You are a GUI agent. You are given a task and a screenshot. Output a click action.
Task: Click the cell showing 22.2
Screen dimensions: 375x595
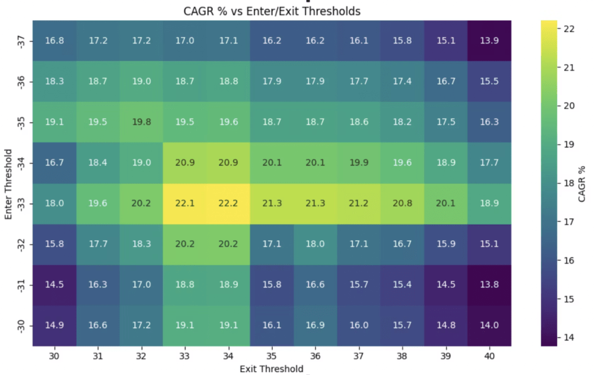pyautogui.click(x=228, y=203)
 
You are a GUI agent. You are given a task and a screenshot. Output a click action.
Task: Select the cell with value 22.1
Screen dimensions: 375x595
pyautogui.click(x=184, y=203)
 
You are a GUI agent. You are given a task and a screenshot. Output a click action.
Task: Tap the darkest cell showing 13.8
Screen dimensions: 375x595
pyautogui.click(x=489, y=285)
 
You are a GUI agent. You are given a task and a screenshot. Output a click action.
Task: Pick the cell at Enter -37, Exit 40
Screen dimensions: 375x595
pyautogui.click(x=489, y=41)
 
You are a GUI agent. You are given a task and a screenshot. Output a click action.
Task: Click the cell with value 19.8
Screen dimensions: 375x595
pyautogui.click(x=141, y=122)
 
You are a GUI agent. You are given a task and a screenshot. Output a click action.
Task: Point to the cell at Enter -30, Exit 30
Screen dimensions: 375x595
pyautogui.click(x=54, y=326)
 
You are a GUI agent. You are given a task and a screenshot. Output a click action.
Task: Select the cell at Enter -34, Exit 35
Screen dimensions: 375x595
pyautogui.click(x=272, y=163)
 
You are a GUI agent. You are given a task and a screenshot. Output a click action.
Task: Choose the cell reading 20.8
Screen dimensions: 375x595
pyautogui.click(x=402, y=203)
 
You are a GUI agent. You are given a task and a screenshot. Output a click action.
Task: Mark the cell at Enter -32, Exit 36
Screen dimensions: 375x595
pyautogui.click(x=315, y=244)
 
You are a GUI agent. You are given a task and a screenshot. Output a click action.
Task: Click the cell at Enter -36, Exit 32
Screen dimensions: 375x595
pyautogui.click(x=141, y=81)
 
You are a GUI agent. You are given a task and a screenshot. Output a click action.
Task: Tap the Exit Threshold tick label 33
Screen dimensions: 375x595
pyautogui.click(x=184, y=356)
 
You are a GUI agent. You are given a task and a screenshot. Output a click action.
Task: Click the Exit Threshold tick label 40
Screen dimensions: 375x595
pyautogui.click(x=489, y=356)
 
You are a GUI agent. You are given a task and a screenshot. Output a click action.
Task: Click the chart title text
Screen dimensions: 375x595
pyautogui.click(x=272, y=11)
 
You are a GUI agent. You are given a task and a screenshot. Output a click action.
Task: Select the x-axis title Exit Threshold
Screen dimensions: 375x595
pyautogui.click(x=272, y=369)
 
